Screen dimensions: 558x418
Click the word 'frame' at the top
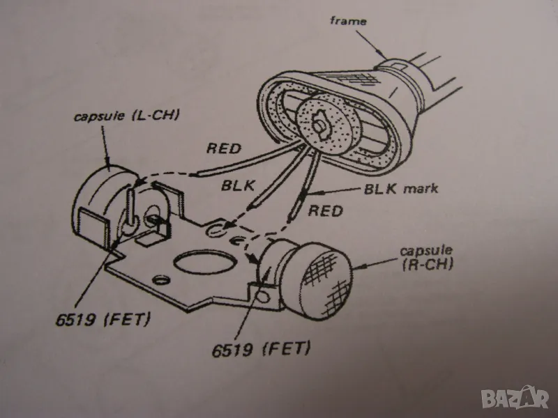pyautogui.click(x=348, y=21)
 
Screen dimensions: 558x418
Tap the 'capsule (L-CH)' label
pyautogui.click(x=126, y=115)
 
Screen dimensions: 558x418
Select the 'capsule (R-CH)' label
pyautogui.click(x=427, y=258)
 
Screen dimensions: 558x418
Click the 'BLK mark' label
pyautogui.click(x=401, y=188)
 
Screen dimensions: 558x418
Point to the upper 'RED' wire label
pyautogui.click(x=224, y=148)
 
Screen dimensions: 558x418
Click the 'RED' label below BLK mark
pyautogui.click(x=325, y=211)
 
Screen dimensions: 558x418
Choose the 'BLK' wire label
pyautogui.click(x=238, y=185)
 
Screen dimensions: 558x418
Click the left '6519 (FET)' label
pyautogui.click(x=103, y=319)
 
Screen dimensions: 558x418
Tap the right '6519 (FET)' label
pyautogui.click(x=261, y=349)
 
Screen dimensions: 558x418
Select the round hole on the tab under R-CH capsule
pyautogui.click(x=263, y=295)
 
